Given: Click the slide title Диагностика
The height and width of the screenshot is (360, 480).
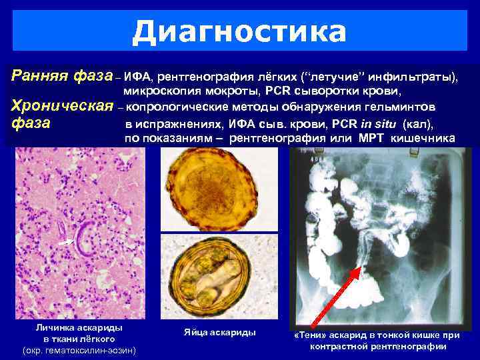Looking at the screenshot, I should click(x=239, y=31).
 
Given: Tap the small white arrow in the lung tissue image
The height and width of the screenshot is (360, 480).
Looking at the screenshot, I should click(x=64, y=244).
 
